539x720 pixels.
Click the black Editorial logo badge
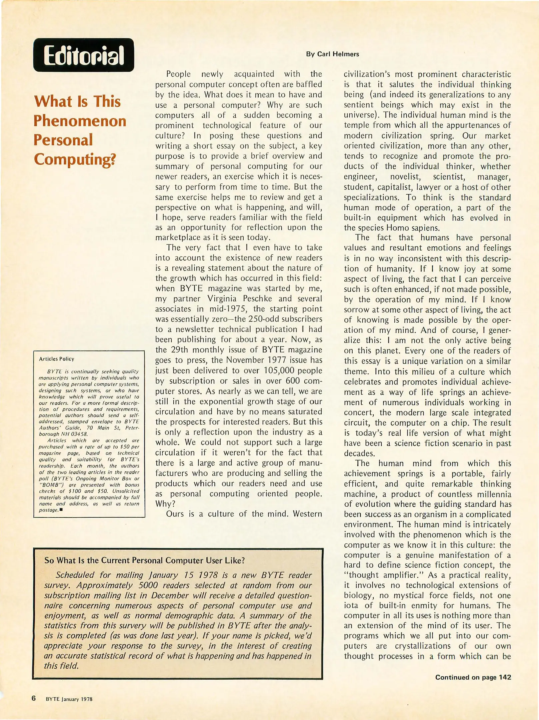point(83,55)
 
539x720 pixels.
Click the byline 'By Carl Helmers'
point(332,54)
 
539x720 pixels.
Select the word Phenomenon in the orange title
point(80,121)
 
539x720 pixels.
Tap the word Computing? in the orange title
point(75,159)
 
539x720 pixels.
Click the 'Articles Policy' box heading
point(56,359)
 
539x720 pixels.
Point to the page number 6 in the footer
point(34,698)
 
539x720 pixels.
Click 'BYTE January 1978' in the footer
point(69,699)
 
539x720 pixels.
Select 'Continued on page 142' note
point(473,677)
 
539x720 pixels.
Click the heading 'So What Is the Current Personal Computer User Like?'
point(145,560)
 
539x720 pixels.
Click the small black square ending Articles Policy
point(61,509)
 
